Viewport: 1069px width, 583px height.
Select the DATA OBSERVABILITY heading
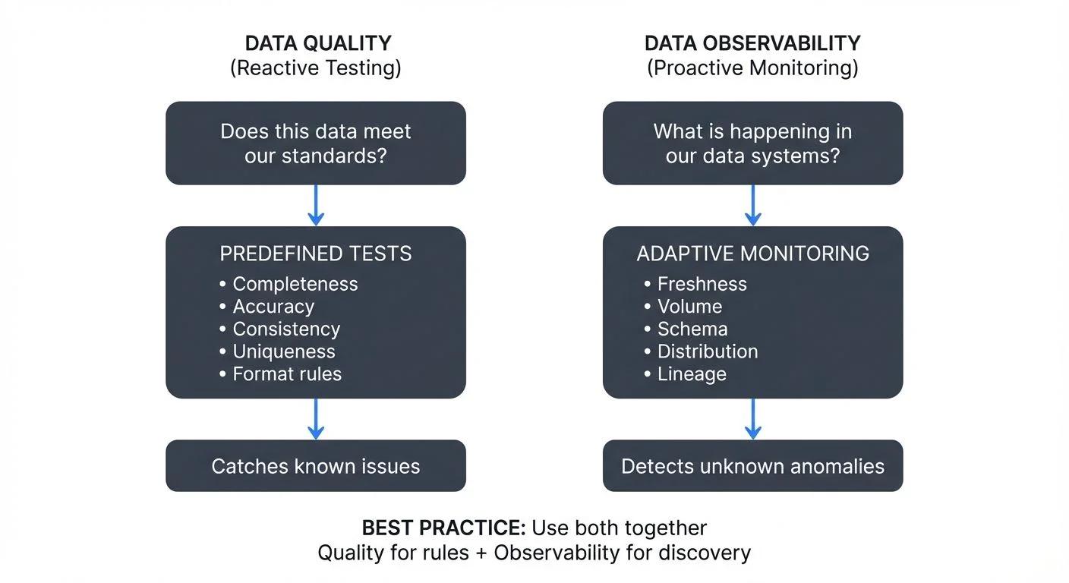pos(752,43)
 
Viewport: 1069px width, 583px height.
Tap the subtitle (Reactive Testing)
pos(315,68)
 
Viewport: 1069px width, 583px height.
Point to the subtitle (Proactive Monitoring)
pos(752,68)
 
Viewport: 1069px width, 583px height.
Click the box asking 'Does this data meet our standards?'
pos(315,143)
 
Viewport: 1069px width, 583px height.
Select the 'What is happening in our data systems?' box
pos(752,143)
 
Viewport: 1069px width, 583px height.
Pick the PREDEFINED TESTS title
pos(315,254)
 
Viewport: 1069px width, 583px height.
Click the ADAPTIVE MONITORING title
pos(752,254)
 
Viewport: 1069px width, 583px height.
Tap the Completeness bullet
pos(295,284)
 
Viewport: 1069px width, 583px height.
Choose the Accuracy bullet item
pos(273,307)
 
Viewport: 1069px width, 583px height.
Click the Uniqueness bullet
pos(283,351)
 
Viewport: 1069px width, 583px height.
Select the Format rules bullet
pos(286,374)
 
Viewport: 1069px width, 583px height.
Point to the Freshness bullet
pos(702,284)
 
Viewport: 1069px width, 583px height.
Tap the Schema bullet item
pos(692,329)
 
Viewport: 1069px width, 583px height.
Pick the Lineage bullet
pos(691,374)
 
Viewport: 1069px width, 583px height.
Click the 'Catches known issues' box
pos(315,466)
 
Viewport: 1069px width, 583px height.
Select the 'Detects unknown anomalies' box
pos(752,466)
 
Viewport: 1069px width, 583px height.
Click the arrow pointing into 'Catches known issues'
pos(315,419)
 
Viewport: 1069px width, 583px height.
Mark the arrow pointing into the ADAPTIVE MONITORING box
pos(752,205)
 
